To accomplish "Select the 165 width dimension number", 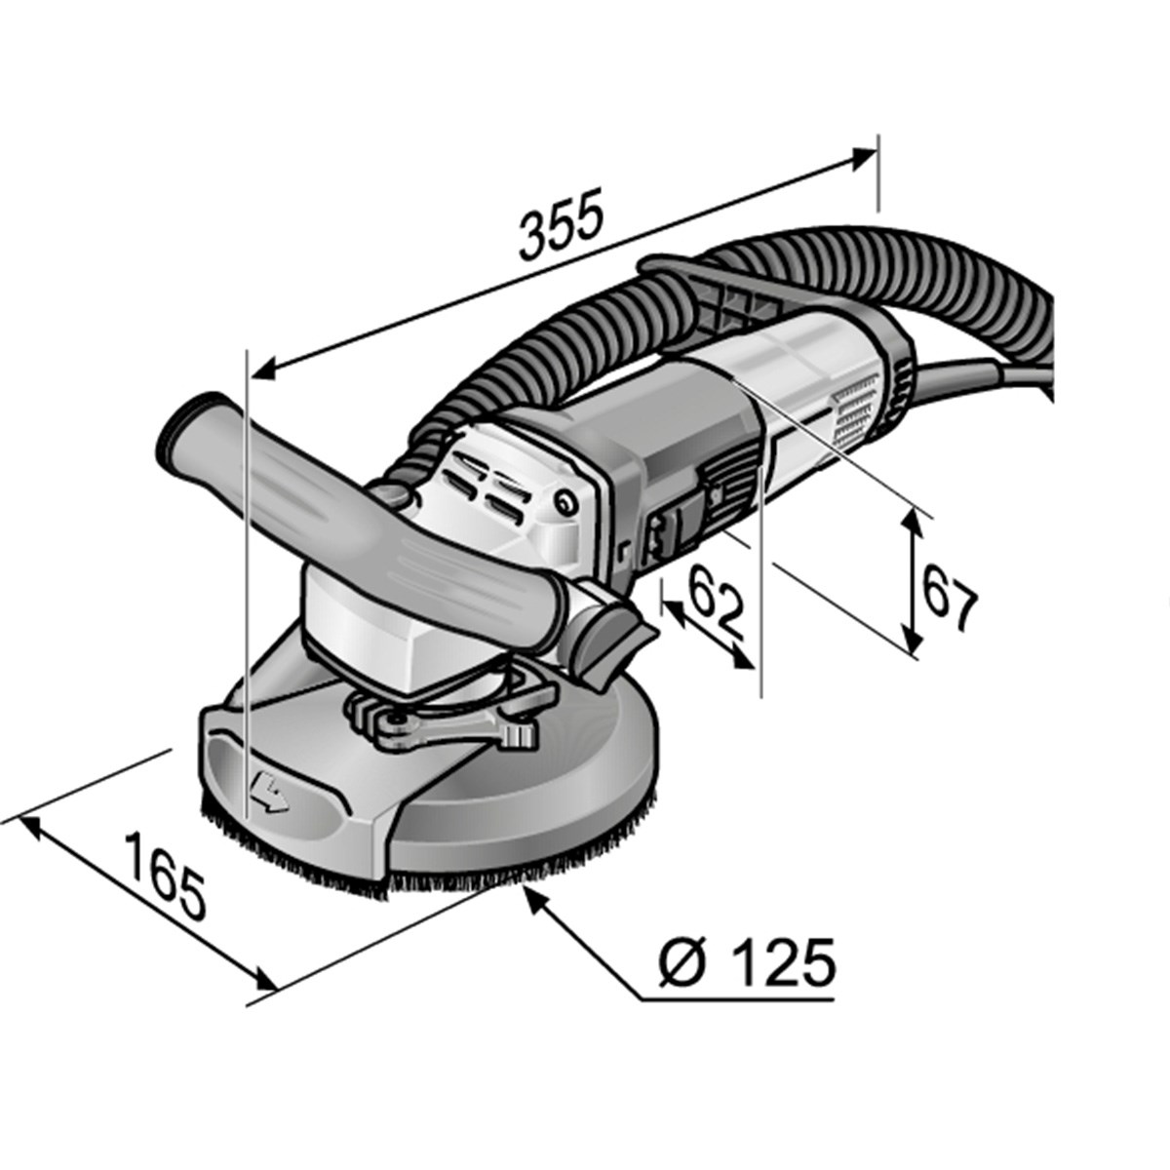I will [167, 876].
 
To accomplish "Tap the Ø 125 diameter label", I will [747, 964].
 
